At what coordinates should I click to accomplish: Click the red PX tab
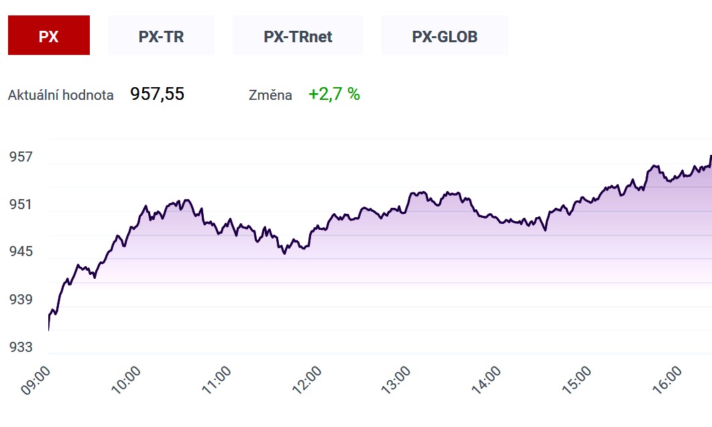(x=48, y=36)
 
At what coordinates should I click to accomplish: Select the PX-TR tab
(x=161, y=36)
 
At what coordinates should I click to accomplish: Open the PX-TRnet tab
(x=298, y=36)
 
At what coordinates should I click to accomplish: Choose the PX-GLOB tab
(x=445, y=36)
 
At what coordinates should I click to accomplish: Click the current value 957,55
(x=157, y=95)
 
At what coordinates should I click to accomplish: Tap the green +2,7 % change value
(x=334, y=95)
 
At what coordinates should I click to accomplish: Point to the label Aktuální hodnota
(x=61, y=95)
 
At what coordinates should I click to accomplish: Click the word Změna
(x=270, y=95)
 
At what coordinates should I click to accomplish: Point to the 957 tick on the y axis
(x=21, y=157)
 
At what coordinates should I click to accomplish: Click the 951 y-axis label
(x=21, y=204)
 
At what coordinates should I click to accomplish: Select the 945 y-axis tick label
(x=21, y=251)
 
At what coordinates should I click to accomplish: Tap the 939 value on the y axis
(x=21, y=300)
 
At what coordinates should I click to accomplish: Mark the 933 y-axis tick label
(x=21, y=347)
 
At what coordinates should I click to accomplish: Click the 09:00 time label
(x=36, y=380)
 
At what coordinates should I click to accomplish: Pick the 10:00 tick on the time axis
(x=126, y=380)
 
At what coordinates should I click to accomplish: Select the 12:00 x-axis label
(x=307, y=380)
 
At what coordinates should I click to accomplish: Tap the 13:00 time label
(x=396, y=380)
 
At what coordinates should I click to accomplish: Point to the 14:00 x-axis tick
(x=486, y=380)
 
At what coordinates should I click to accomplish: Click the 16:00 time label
(x=668, y=380)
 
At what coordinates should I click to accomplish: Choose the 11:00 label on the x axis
(x=217, y=380)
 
